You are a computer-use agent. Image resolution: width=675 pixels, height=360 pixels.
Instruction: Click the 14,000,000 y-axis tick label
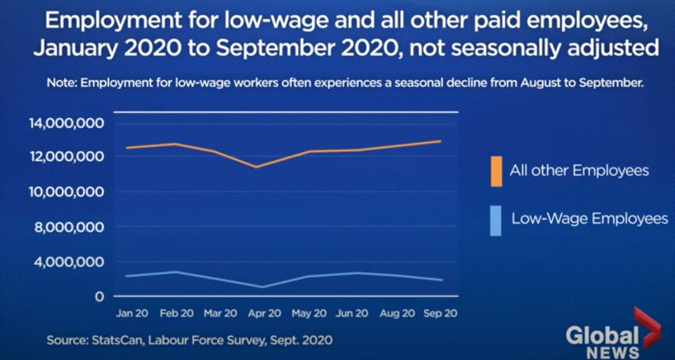(64, 123)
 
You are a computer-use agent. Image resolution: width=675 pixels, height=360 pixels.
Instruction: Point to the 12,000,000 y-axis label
(64, 156)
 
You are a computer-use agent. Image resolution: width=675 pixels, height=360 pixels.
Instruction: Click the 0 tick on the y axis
(98, 296)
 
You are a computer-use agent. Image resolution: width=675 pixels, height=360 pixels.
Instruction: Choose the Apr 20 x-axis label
(266, 313)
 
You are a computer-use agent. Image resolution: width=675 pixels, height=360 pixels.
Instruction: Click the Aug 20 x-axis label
(398, 313)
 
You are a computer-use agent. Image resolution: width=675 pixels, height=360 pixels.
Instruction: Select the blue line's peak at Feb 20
(176, 271)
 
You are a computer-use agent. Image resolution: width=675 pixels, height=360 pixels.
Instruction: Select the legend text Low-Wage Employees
(589, 219)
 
